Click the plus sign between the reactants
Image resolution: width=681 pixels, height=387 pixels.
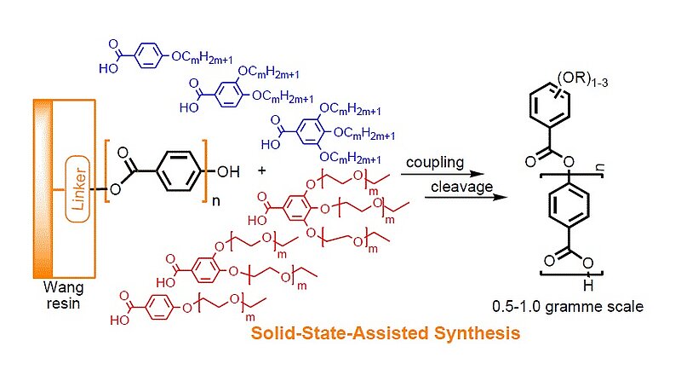coord(261,170)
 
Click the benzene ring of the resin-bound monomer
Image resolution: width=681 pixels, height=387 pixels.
coord(174,171)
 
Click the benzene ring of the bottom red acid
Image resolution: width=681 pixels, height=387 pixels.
coord(160,304)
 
